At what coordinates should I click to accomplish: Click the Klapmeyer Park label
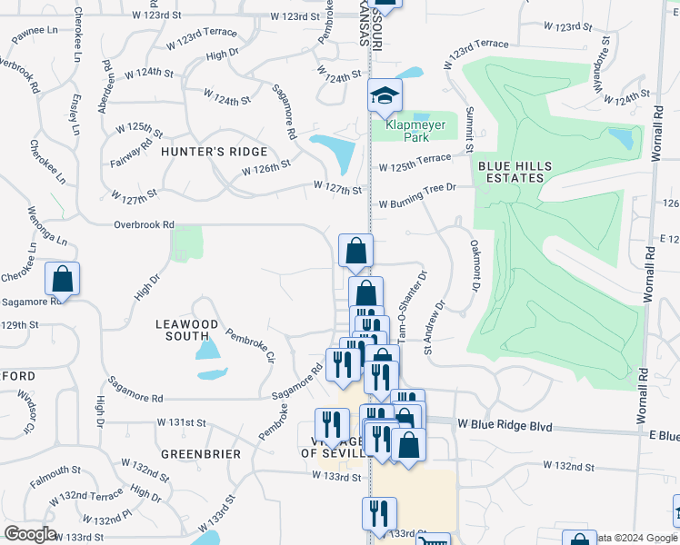[405, 125]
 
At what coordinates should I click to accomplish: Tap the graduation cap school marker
[385, 94]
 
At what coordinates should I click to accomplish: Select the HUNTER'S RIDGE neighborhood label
[215, 152]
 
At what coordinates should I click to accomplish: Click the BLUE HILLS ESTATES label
[510, 172]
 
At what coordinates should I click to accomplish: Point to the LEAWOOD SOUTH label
[187, 330]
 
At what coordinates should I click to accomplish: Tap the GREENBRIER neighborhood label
[201, 453]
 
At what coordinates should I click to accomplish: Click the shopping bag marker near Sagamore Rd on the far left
[62, 279]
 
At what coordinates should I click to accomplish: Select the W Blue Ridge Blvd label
[505, 424]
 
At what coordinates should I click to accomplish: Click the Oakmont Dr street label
[474, 266]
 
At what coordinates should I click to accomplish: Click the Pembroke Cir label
[250, 344]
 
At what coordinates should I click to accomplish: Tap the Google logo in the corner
[29, 534]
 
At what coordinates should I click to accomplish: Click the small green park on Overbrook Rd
[186, 243]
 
